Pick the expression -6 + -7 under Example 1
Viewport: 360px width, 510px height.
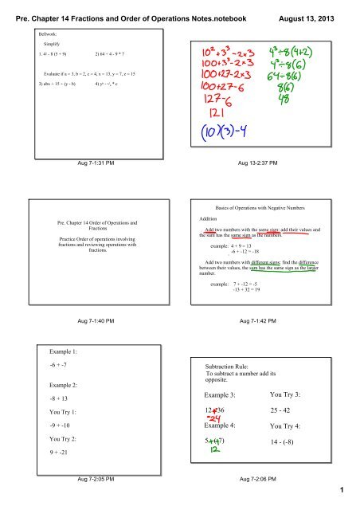(59, 366)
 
